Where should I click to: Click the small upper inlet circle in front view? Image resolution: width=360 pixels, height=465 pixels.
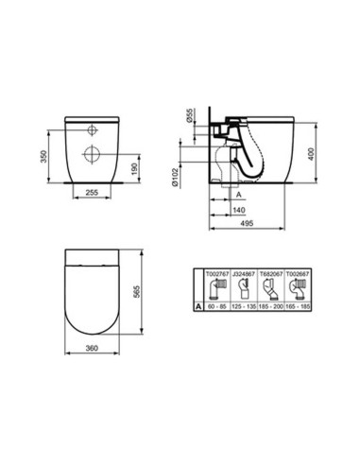(x=94, y=129)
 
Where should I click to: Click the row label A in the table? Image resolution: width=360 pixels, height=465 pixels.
(x=196, y=307)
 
